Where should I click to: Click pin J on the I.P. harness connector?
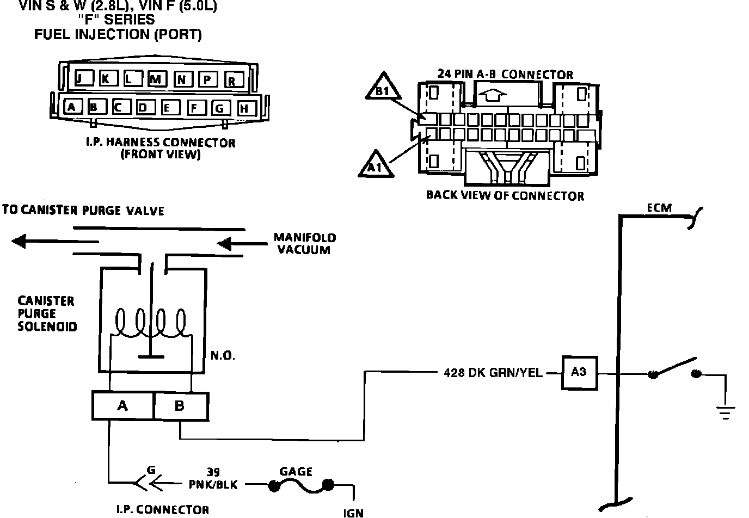click(x=79, y=79)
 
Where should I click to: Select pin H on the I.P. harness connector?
click(x=244, y=108)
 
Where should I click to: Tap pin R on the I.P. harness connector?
click(x=232, y=81)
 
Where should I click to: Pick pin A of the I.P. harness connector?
click(x=71, y=107)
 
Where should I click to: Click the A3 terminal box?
click(x=579, y=373)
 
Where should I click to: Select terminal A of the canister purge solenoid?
click(x=122, y=405)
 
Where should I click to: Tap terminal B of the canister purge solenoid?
click(x=180, y=405)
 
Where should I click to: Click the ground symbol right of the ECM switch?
click(x=725, y=412)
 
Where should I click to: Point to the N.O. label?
click(x=223, y=356)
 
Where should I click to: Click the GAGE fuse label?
click(x=296, y=471)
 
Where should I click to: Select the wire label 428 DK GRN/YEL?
click(x=493, y=373)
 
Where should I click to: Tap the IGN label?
click(x=353, y=512)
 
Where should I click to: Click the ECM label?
click(x=659, y=208)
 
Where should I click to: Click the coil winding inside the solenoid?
click(x=151, y=324)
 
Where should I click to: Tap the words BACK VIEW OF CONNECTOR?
click(x=505, y=195)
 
